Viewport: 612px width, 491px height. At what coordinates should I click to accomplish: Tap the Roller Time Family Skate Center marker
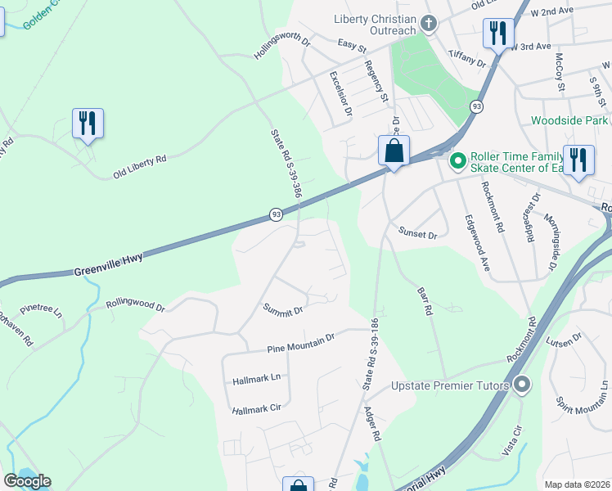tap(457, 160)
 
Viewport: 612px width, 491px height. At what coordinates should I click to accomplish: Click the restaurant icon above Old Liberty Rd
tap(87, 124)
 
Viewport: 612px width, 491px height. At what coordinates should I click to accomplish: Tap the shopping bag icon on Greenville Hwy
tap(394, 151)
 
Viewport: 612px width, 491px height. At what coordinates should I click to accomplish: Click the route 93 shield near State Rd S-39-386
tap(277, 214)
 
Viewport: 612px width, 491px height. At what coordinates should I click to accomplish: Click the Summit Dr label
tap(283, 310)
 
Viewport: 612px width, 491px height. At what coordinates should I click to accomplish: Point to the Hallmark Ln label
tap(256, 378)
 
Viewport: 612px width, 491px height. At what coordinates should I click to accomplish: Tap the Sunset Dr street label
tap(417, 234)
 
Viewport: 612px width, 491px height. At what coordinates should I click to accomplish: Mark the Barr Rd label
tap(424, 300)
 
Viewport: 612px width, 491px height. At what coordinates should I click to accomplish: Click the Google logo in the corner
tap(27, 481)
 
